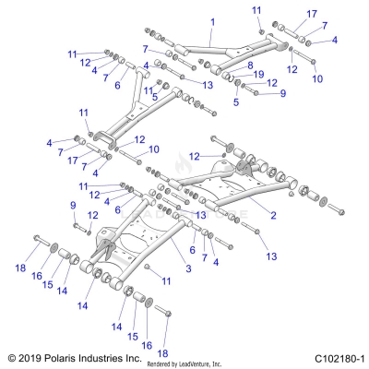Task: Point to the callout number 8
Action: [x=249, y=65]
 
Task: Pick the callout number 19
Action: [x=258, y=74]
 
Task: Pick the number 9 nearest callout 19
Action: [x=282, y=93]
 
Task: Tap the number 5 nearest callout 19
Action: [x=237, y=102]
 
